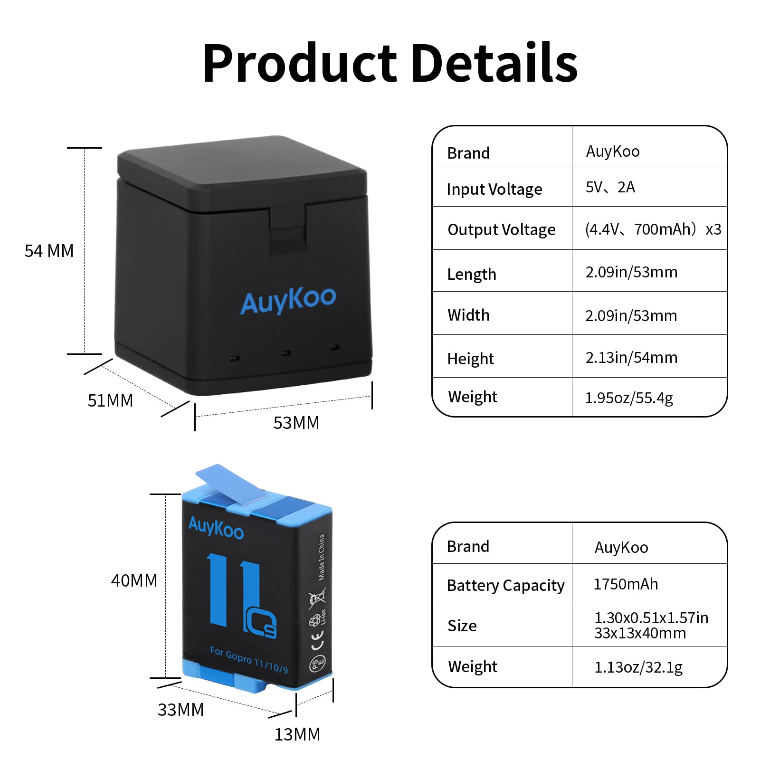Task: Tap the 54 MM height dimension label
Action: pos(49,251)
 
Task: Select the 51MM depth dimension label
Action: pos(110,400)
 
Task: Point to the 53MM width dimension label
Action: pos(296,423)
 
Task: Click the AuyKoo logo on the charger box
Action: pos(288,300)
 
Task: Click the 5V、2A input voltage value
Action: pos(610,187)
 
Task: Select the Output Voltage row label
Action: pos(501,229)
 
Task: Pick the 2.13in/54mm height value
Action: pos(631,357)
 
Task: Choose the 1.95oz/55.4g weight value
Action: pos(629,398)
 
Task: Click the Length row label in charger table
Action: pos(471,274)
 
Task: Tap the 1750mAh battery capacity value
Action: pos(626,584)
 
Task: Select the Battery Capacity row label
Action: pos(505,585)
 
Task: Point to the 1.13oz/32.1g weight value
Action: pos(638,667)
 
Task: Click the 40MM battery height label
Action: pos(134,580)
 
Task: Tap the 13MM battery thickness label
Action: pos(297,734)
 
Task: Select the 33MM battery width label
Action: pos(180,710)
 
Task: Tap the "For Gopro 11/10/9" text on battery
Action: pos(249,659)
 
